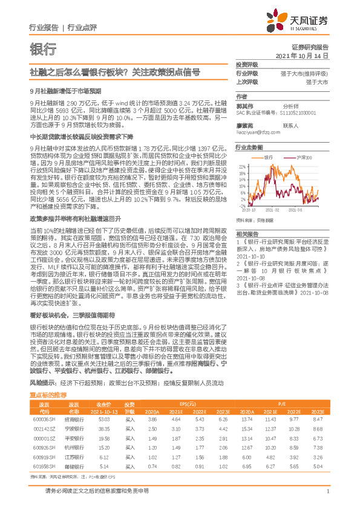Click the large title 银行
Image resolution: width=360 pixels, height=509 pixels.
point(43,49)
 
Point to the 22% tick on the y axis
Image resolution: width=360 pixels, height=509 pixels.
point(241,165)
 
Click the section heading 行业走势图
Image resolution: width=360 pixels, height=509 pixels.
point(249,147)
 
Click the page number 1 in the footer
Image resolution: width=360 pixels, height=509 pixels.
point(327,492)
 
